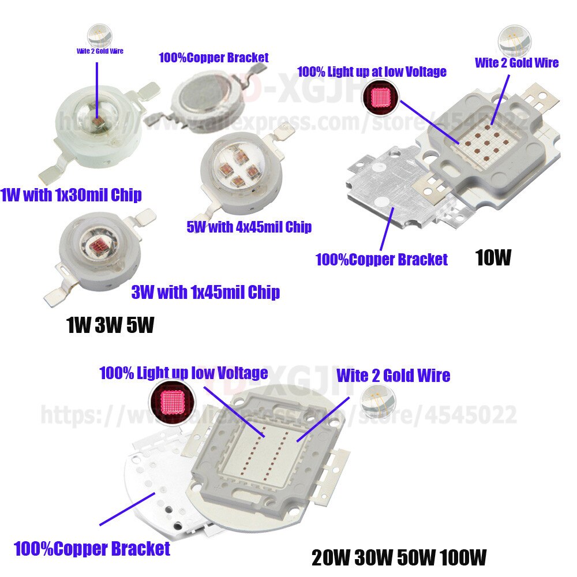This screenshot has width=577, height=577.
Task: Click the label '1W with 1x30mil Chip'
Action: coord(71,195)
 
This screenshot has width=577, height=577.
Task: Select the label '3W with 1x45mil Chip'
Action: coord(205,293)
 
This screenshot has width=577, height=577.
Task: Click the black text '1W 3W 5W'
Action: coord(110,326)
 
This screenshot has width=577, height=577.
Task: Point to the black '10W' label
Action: coord(493,257)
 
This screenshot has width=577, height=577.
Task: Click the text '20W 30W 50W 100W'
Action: coord(399,557)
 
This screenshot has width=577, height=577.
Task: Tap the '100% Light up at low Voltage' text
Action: coord(372,72)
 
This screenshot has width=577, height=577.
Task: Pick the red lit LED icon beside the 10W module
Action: coord(380,97)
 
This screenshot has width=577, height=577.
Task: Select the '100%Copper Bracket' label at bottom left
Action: coord(92,548)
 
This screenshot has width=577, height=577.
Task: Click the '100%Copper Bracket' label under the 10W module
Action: coord(381,260)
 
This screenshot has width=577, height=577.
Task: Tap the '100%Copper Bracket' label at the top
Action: coord(213,58)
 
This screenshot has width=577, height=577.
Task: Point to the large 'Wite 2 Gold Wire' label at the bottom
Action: coord(393,376)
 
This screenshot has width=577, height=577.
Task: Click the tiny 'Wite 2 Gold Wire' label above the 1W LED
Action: coord(100,51)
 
